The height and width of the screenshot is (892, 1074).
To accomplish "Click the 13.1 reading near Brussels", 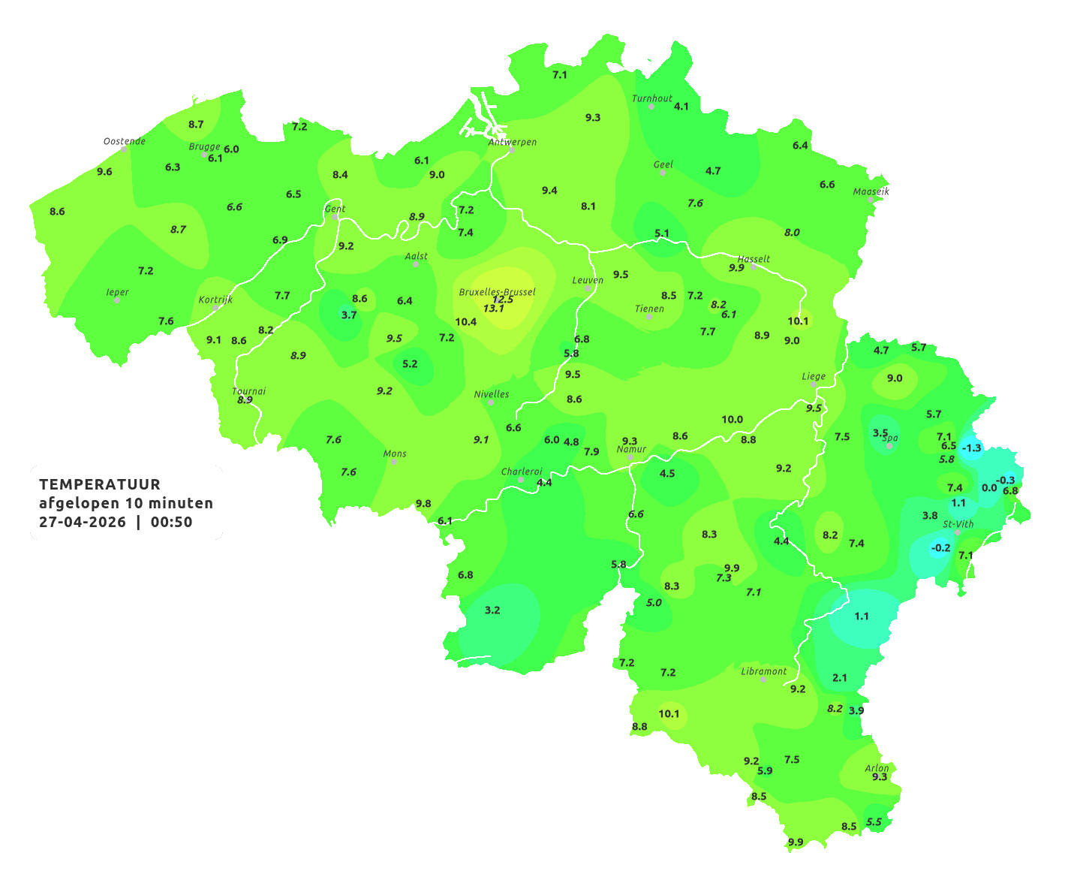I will point(494,309).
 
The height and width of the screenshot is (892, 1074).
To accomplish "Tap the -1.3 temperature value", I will point(971,448).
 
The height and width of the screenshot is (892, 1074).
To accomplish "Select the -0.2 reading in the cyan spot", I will point(940,548).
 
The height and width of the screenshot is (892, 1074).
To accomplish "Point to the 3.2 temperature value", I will point(492,610).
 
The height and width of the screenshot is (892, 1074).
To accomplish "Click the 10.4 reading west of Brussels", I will point(465,322).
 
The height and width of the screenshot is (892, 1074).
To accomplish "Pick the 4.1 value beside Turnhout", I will point(681,107).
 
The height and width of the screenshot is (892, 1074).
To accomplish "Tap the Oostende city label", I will point(124,141).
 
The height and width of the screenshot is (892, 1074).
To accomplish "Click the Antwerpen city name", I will point(513,142).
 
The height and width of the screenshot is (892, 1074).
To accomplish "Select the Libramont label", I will point(764,671).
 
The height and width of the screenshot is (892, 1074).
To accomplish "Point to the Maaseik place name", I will point(871,191).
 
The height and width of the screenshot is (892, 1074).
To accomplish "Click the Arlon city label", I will point(877,768).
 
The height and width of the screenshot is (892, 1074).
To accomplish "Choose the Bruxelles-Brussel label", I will point(497,291).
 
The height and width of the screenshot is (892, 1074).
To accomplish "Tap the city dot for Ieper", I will point(117,300).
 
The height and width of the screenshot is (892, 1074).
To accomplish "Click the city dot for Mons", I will point(394,462).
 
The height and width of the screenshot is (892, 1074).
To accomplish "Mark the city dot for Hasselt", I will point(754,267).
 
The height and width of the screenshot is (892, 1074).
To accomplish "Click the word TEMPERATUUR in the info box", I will point(100,484).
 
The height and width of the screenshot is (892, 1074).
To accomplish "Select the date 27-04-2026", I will point(83,523).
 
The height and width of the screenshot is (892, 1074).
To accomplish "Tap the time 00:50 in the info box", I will point(171,523).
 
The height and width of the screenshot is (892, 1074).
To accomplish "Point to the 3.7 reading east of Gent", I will point(349,315).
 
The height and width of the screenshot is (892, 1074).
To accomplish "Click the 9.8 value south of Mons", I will point(423,504).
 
